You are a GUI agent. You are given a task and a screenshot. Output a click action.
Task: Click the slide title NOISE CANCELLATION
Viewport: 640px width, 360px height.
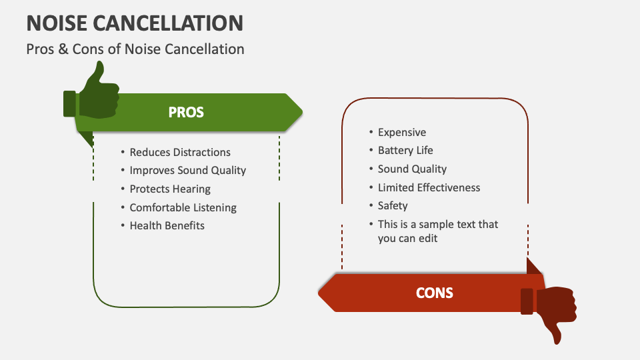[135, 23]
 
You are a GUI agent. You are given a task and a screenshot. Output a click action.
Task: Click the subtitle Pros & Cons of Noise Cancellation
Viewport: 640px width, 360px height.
[135, 49]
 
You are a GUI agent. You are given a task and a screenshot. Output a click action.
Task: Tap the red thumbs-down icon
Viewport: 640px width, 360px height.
[550, 310]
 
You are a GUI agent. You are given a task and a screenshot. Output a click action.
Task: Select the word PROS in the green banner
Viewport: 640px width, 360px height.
[186, 112]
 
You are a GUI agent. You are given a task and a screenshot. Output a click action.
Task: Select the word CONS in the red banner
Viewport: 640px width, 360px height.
[434, 292]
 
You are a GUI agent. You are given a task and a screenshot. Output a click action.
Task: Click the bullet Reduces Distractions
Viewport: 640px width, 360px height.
[179, 152]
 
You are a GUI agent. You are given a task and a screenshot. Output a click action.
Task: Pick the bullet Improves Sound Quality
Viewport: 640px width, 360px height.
[187, 170]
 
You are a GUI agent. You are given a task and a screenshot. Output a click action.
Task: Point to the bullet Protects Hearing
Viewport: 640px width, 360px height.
[169, 189]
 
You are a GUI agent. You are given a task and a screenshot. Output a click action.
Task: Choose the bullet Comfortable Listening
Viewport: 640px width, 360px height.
[183, 207]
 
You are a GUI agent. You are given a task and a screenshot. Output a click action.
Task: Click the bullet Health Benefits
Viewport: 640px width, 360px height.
[167, 225]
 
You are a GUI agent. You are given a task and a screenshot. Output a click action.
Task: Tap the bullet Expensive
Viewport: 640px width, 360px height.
[401, 132]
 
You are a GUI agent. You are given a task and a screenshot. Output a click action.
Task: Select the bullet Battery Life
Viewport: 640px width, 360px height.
[405, 150]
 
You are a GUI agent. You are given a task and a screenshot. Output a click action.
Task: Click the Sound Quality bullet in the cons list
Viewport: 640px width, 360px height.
[412, 169]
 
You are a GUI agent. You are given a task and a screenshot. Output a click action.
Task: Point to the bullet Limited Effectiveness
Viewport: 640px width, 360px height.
[429, 187]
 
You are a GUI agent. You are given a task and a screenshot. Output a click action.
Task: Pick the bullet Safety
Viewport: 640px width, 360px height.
[393, 205]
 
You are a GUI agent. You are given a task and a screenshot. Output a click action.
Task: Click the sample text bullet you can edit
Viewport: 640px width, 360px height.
[437, 231]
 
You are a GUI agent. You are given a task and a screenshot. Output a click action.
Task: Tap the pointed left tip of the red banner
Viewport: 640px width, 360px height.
[322, 292]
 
